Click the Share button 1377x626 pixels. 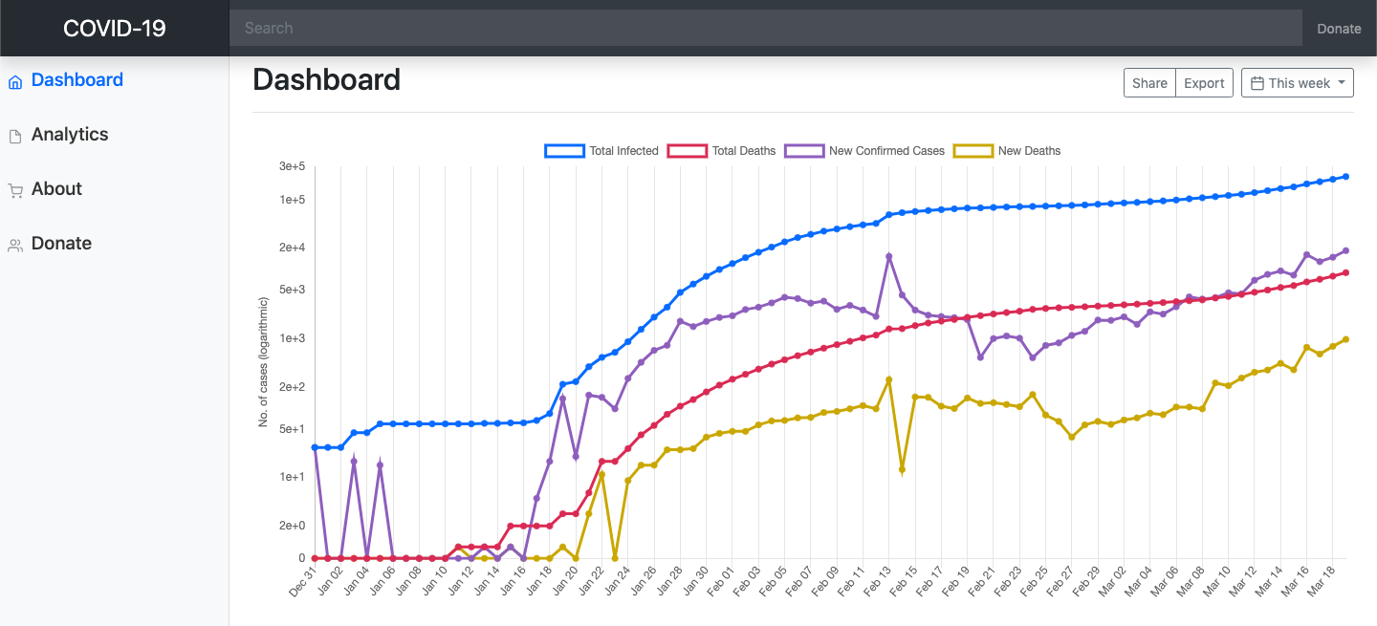click(x=1149, y=83)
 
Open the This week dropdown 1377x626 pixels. click(x=1298, y=83)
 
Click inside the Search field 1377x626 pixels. click(x=765, y=28)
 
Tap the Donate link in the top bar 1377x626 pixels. click(x=1339, y=29)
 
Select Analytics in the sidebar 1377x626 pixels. click(x=70, y=135)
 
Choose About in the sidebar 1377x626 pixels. click(x=56, y=189)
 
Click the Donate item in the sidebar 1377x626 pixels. click(x=61, y=244)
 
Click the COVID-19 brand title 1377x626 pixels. click(x=114, y=28)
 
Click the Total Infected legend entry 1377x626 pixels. click(x=601, y=151)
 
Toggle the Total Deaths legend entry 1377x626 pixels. click(x=722, y=151)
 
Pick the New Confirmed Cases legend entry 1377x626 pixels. click(x=864, y=151)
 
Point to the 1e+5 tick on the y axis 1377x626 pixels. click(x=292, y=200)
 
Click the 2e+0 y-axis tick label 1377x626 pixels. click(x=292, y=526)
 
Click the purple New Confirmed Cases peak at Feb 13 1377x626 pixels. click(x=888, y=256)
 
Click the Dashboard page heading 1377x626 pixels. click(x=326, y=79)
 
